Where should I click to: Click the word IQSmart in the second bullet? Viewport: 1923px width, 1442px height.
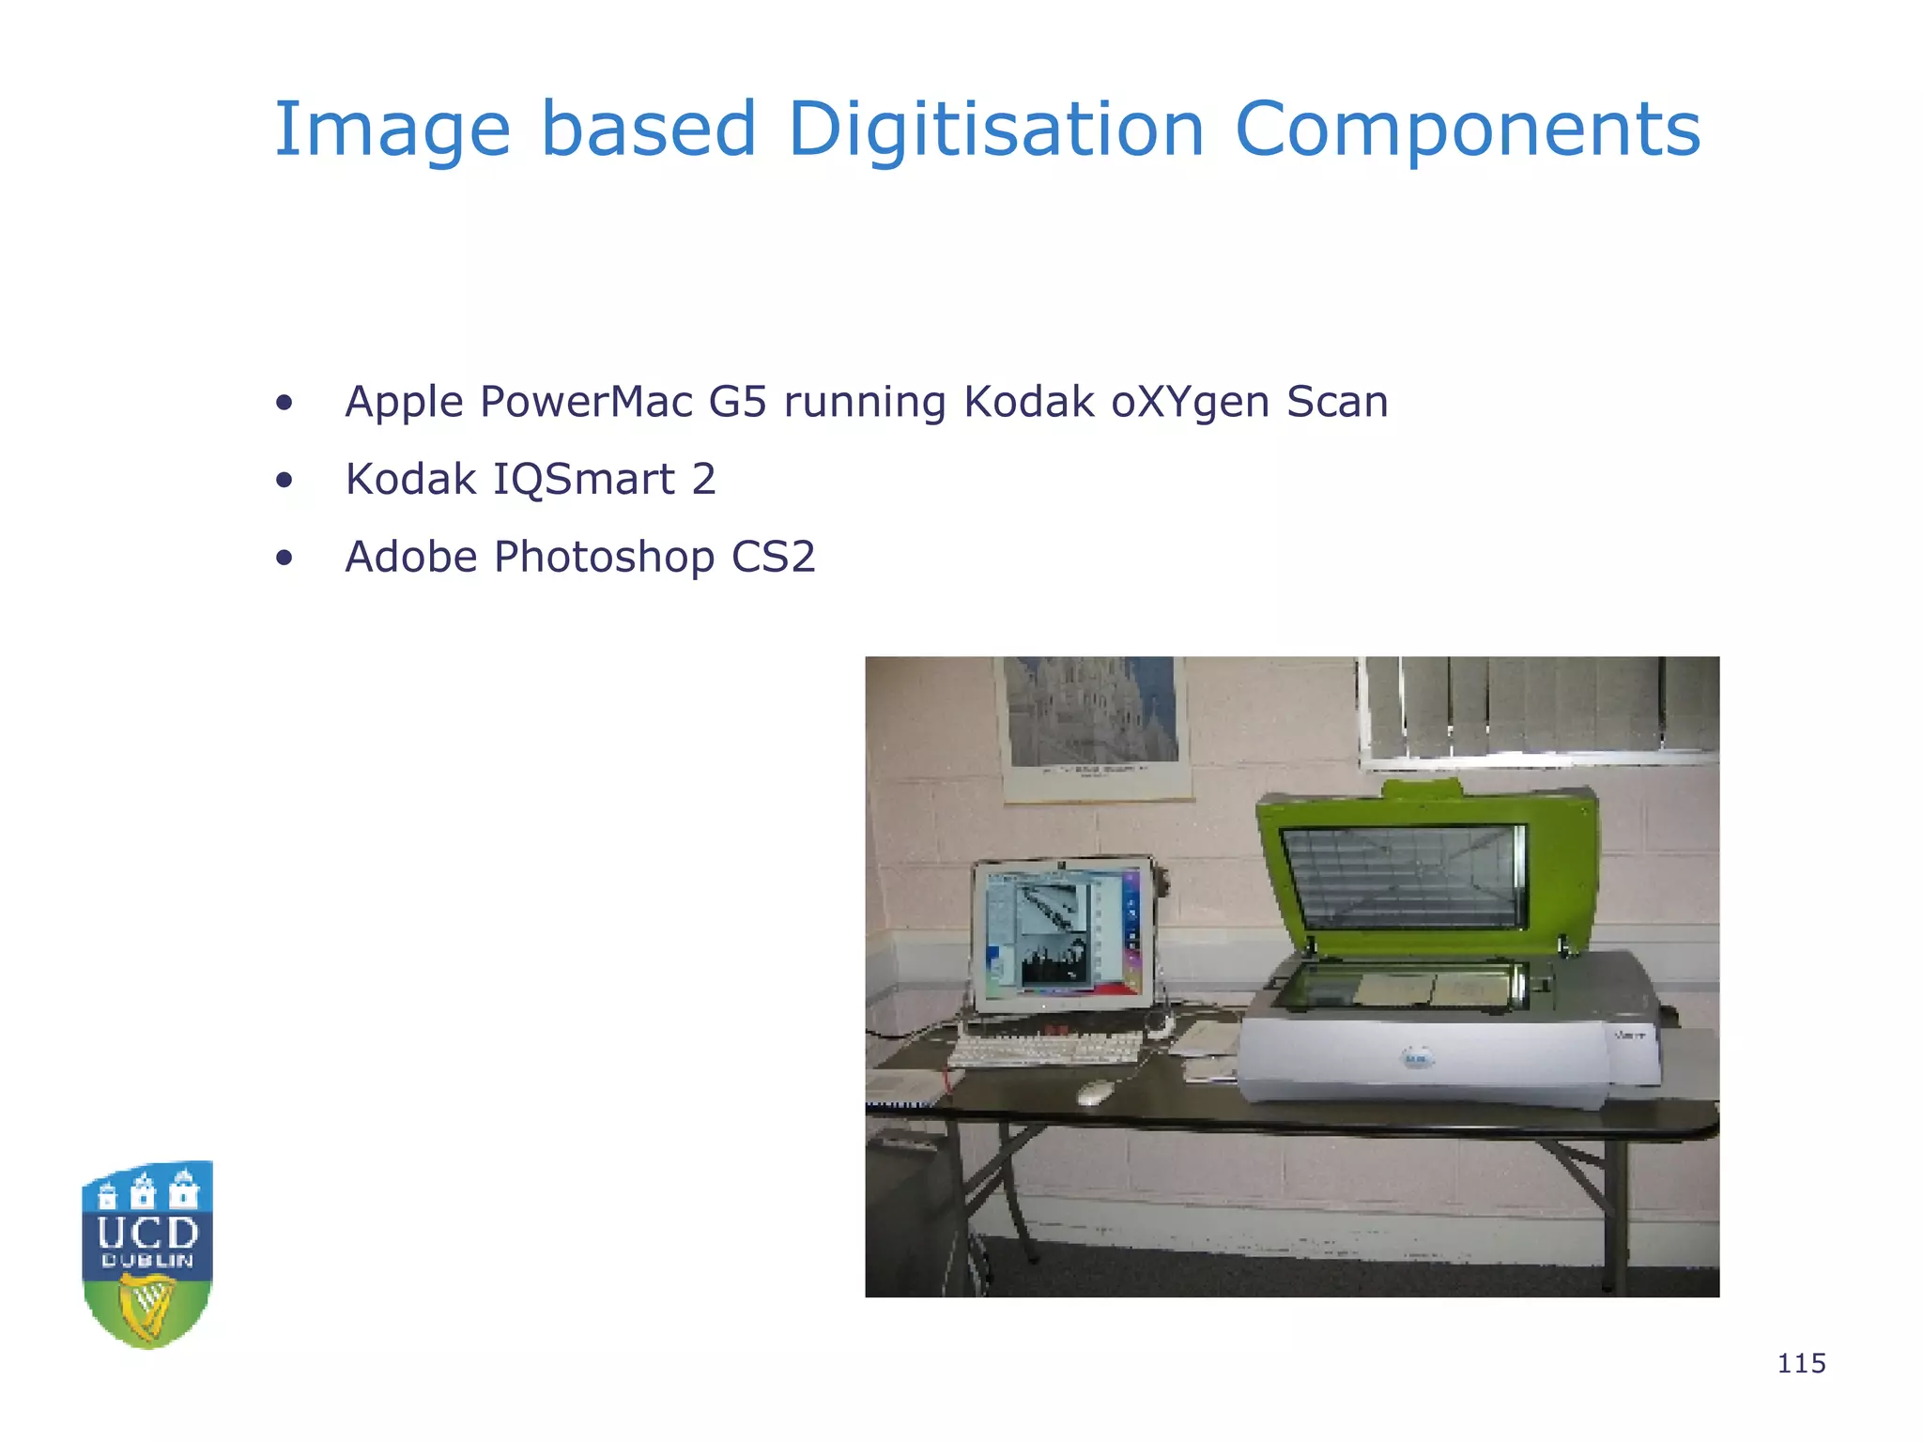pyautogui.click(x=583, y=480)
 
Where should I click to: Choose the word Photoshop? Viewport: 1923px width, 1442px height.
pyautogui.click(x=604, y=558)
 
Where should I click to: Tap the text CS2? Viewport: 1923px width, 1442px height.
pyautogui.click(x=773, y=557)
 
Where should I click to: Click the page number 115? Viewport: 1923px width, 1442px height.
pyautogui.click(x=1801, y=1363)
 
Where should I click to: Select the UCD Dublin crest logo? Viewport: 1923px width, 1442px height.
pyautogui.click(x=148, y=1254)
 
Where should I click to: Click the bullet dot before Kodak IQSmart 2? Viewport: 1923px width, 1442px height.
pyautogui.click(x=285, y=481)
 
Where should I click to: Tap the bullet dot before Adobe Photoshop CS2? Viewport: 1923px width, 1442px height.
pyautogui.click(x=285, y=559)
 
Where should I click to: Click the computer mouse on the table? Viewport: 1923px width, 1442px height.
pyautogui.click(x=1095, y=1091)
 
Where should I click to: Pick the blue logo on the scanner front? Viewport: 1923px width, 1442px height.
pyautogui.click(x=1417, y=1059)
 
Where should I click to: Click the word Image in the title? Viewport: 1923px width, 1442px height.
pyautogui.click(x=392, y=131)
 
